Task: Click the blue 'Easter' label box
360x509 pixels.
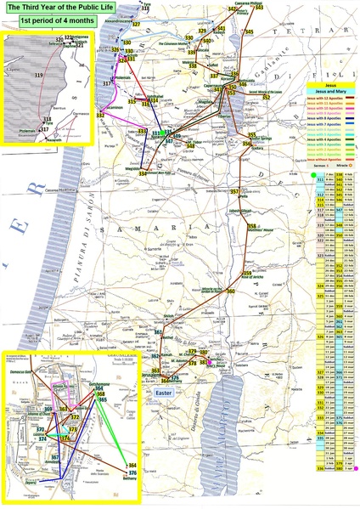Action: pyautogui.click(x=164, y=393)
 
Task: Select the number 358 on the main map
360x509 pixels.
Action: pyautogui.click(x=252, y=225)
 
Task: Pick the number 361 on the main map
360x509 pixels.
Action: pyautogui.click(x=158, y=331)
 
